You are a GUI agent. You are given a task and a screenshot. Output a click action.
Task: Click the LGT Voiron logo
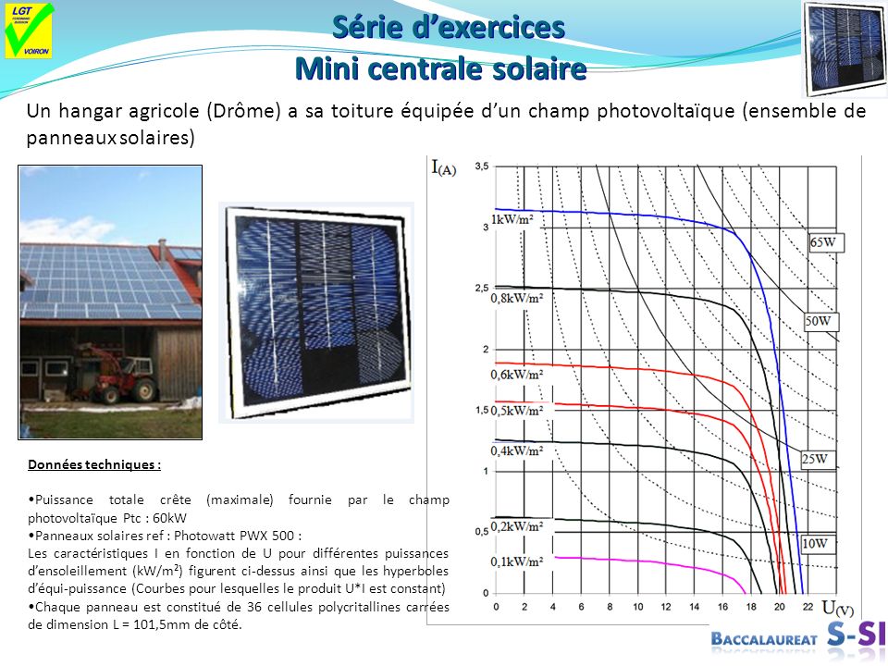(x=29, y=31)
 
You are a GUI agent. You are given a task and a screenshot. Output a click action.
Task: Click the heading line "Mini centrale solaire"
(x=440, y=68)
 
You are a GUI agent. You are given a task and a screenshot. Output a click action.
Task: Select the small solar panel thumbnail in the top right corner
(x=844, y=48)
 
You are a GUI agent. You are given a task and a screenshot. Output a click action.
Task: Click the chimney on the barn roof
(x=163, y=250)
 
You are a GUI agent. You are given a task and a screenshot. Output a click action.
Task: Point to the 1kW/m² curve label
(x=517, y=220)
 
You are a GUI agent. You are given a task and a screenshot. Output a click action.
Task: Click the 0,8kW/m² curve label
(x=517, y=299)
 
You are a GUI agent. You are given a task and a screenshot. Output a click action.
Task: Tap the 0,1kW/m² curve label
(x=517, y=561)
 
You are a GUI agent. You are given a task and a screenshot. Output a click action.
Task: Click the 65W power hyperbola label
(x=826, y=242)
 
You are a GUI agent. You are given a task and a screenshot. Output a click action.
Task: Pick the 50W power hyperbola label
(x=820, y=322)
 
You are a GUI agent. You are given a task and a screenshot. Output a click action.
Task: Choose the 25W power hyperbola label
(x=814, y=459)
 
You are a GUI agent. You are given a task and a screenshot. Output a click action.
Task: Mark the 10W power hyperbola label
(x=814, y=544)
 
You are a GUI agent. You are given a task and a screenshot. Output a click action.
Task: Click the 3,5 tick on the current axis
(x=481, y=166)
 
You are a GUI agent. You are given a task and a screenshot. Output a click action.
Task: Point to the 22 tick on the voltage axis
(x=808, y=607)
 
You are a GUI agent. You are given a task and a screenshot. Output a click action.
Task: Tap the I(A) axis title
(x=443, y=167)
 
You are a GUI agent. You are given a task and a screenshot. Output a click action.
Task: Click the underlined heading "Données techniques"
(x=94, y=465)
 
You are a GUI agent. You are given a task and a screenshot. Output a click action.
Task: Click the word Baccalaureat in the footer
(x=765, y=639)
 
